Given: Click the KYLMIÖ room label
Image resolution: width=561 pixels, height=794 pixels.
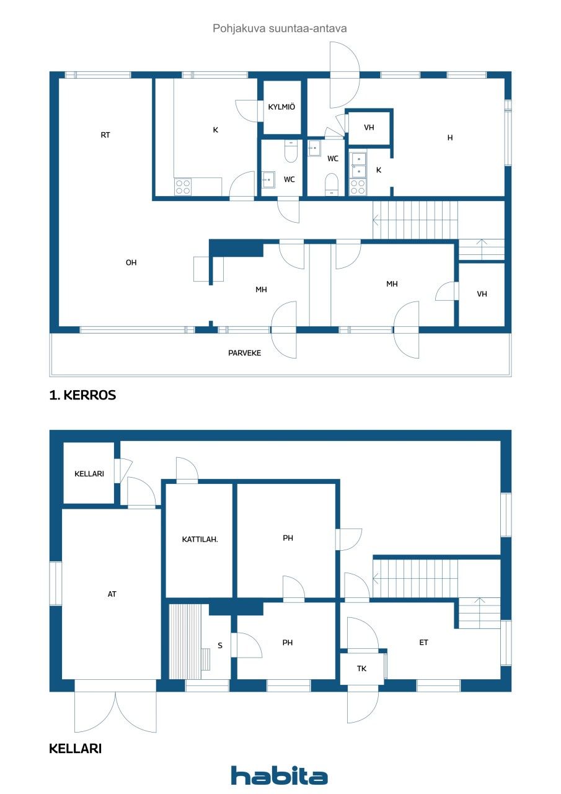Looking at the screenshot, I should [281, 107].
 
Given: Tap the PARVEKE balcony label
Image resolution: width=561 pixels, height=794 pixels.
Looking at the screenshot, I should [244, 353].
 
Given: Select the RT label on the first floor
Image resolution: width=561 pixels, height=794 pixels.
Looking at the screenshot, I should [105, 135].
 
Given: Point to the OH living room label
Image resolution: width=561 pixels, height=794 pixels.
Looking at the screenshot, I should [131, 262].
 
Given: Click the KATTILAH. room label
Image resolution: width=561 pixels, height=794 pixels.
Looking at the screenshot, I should [200, 539].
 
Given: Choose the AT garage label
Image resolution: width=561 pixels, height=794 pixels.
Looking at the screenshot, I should [112, 594].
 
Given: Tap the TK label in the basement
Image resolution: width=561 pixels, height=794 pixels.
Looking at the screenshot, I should [361, 669].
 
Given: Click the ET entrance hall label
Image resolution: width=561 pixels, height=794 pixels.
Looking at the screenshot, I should [423, 643].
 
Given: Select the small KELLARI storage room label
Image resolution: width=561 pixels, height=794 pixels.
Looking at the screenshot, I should [89, 474].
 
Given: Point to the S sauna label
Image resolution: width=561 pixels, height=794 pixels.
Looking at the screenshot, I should [219, 646].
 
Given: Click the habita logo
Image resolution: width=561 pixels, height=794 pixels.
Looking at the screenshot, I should [280, 775].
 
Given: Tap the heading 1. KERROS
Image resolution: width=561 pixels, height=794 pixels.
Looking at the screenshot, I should [82, 395].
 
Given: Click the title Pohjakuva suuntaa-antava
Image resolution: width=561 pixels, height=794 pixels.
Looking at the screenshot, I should [280, 28].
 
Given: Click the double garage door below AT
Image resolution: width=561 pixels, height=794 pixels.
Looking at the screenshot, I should [115, 707].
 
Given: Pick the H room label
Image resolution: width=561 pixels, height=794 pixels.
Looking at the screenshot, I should [450, 138].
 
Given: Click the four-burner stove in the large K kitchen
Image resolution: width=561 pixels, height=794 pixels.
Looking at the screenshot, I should [183, 187].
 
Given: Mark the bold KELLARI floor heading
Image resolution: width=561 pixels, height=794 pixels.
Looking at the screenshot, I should [75, 749].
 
